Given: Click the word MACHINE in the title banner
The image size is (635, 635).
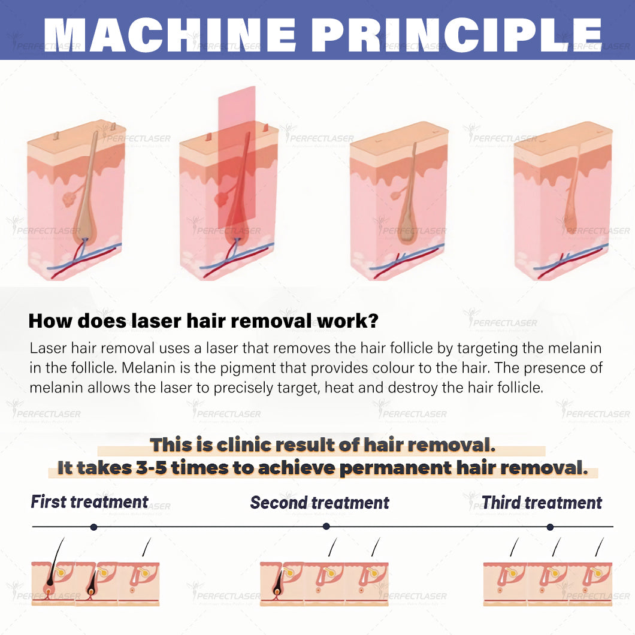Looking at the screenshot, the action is tap(170, 35).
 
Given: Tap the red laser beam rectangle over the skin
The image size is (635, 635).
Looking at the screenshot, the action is tap(237, 158).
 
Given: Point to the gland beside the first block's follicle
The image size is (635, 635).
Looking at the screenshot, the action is tap(69, 199).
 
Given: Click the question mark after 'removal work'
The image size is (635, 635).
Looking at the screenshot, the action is tap(373, 320).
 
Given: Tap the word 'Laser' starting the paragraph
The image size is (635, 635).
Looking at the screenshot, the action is tap(48, 348).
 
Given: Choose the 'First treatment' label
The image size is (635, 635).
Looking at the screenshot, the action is tap(89, 502).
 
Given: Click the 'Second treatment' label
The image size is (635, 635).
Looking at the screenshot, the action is tap(319, 503).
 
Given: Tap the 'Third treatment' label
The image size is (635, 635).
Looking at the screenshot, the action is tap(542, 503).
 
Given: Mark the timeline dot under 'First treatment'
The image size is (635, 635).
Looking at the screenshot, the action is tap(93, 527).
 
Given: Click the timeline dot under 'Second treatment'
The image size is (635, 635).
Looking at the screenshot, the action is tap(326, 526).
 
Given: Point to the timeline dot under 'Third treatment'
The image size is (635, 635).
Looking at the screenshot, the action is tap(550, 527).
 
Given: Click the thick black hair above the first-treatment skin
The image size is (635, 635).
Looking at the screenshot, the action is tap(56, 560).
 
